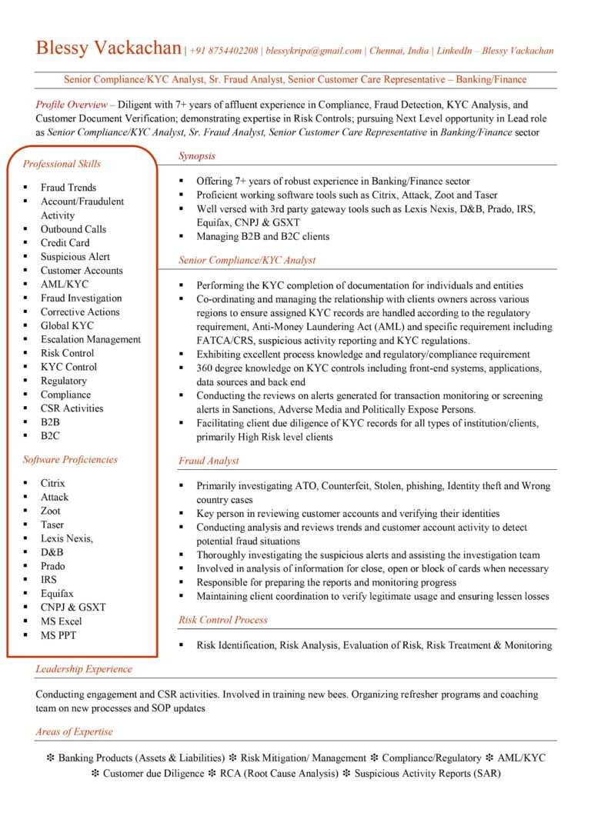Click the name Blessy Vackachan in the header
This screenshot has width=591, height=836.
point(109,48)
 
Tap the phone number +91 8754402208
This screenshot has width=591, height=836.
point(224,51)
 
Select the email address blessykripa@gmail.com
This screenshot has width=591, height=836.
point(313,51)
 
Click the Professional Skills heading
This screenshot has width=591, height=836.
point(62,164)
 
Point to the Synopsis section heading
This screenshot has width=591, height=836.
point(197,156)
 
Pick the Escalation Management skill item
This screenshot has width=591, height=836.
point(91,339)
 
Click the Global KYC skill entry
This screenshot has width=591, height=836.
point(67,325)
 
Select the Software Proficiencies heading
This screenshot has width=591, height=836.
point(70,460)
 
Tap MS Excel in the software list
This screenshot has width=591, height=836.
point(62,621)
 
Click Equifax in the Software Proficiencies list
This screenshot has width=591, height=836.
point(57,594)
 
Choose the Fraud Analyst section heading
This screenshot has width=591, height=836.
point(209,461)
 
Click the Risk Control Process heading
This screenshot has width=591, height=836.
point(223,620)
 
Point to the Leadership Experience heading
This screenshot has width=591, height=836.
point(84,669)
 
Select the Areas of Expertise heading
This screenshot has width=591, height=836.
point(74,732)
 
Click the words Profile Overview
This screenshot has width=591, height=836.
point(71,104)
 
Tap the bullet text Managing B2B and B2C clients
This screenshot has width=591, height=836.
point(262,237)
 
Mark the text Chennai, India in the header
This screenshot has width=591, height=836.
point(399,51)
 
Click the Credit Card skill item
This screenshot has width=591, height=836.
point(65,243)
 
